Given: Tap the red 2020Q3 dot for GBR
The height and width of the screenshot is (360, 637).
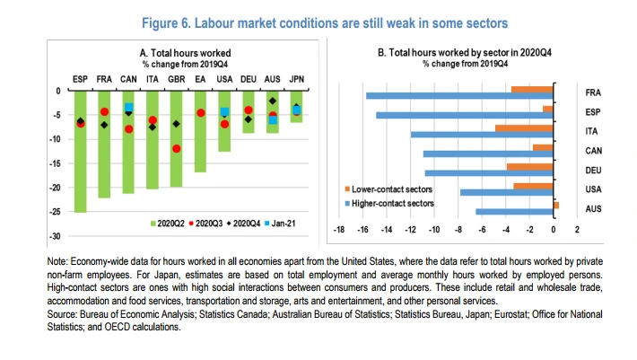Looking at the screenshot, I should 177,148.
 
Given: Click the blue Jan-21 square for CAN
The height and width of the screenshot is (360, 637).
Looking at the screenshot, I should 128,108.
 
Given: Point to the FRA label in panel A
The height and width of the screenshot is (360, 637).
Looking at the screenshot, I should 104,79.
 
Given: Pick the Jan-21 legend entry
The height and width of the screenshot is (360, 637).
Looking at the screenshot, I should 281,221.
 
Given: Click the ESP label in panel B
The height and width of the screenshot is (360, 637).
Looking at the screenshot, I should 593,112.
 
